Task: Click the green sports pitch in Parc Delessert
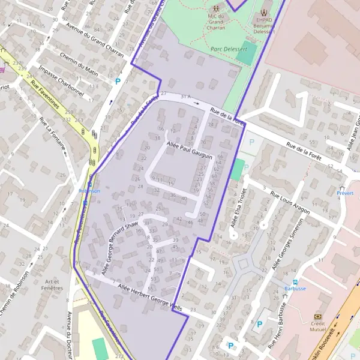(x=246, y=55)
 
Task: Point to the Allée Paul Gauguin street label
(x=190, y=151)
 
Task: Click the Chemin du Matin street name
(x=79, y=63)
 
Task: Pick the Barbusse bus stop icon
(x=295, y=281)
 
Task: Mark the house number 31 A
(x=185, y=97)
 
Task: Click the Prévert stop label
(x=345, y=193)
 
